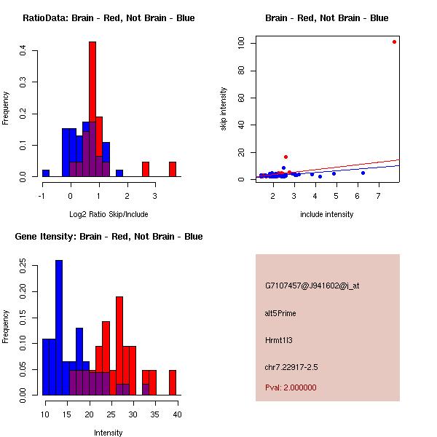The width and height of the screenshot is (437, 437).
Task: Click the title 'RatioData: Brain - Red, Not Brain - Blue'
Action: coord(109,18)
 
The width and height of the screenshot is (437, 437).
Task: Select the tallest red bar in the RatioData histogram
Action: coord(92,109)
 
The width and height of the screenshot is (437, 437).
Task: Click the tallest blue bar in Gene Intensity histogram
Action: coord(59,328)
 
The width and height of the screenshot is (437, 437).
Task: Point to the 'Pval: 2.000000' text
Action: coord(291,387)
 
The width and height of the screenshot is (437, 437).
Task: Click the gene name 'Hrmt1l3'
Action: coord(278,340)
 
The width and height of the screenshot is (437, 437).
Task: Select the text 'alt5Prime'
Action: coord(280,313)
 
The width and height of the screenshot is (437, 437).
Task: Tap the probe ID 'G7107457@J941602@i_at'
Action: coord(312,286)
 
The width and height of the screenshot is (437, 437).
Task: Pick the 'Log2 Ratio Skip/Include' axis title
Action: coord(109,214)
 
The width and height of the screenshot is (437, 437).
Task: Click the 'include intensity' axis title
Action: coord(326,214)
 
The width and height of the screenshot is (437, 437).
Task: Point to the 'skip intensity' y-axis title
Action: coord(224,109)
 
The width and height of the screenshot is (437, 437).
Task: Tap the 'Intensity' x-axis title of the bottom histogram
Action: coord(109,433)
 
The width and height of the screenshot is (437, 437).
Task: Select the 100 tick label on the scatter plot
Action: coord(240,43)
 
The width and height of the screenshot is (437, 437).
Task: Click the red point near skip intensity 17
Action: coord(286,157)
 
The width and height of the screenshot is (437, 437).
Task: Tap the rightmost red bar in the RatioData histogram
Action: coord(173,169)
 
